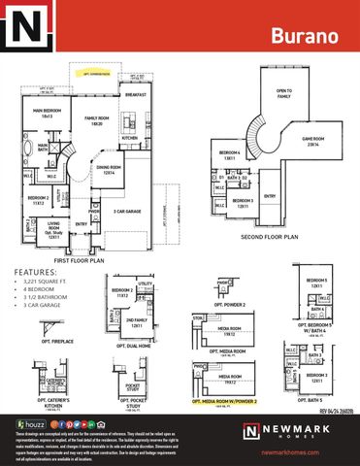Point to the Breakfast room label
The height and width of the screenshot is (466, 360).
[137, 95]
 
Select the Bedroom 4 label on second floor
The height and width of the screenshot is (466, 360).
[230, 154]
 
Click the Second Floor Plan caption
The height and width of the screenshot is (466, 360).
[270, 234]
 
